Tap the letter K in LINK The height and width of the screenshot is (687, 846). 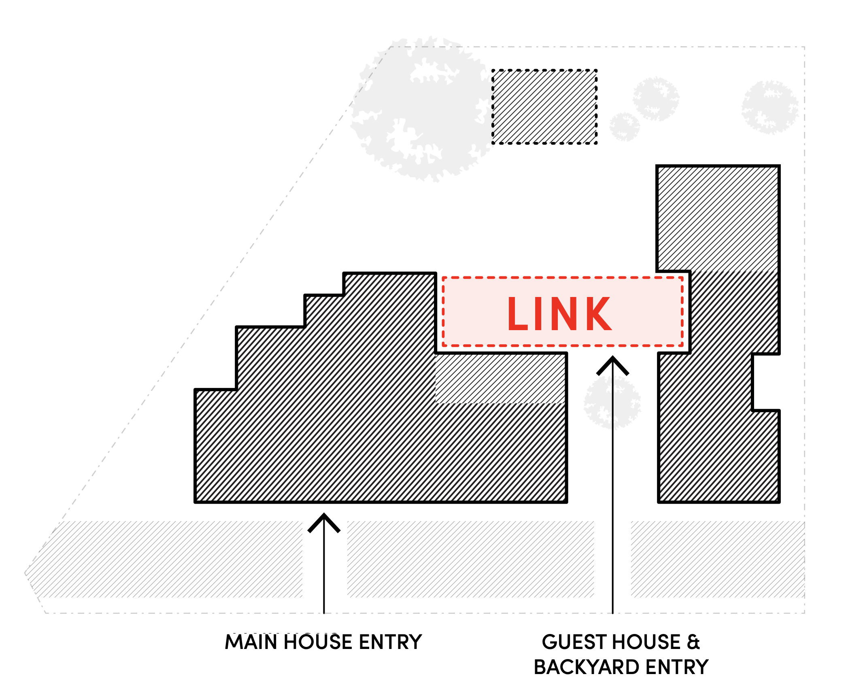coord(598,314)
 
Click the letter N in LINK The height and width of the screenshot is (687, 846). coord(563,314)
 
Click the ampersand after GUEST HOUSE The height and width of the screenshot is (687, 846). coord(693,642)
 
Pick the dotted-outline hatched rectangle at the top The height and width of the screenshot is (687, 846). coord(544,107)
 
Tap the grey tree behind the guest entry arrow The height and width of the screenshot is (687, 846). coord(612,402)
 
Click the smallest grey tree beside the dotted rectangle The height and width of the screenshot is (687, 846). coord(625,127)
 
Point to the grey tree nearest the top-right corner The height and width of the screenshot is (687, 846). coord(769,107)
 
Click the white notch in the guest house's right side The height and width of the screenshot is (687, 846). coord(766,382)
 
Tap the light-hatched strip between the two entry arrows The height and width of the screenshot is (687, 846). coord(470,559)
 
